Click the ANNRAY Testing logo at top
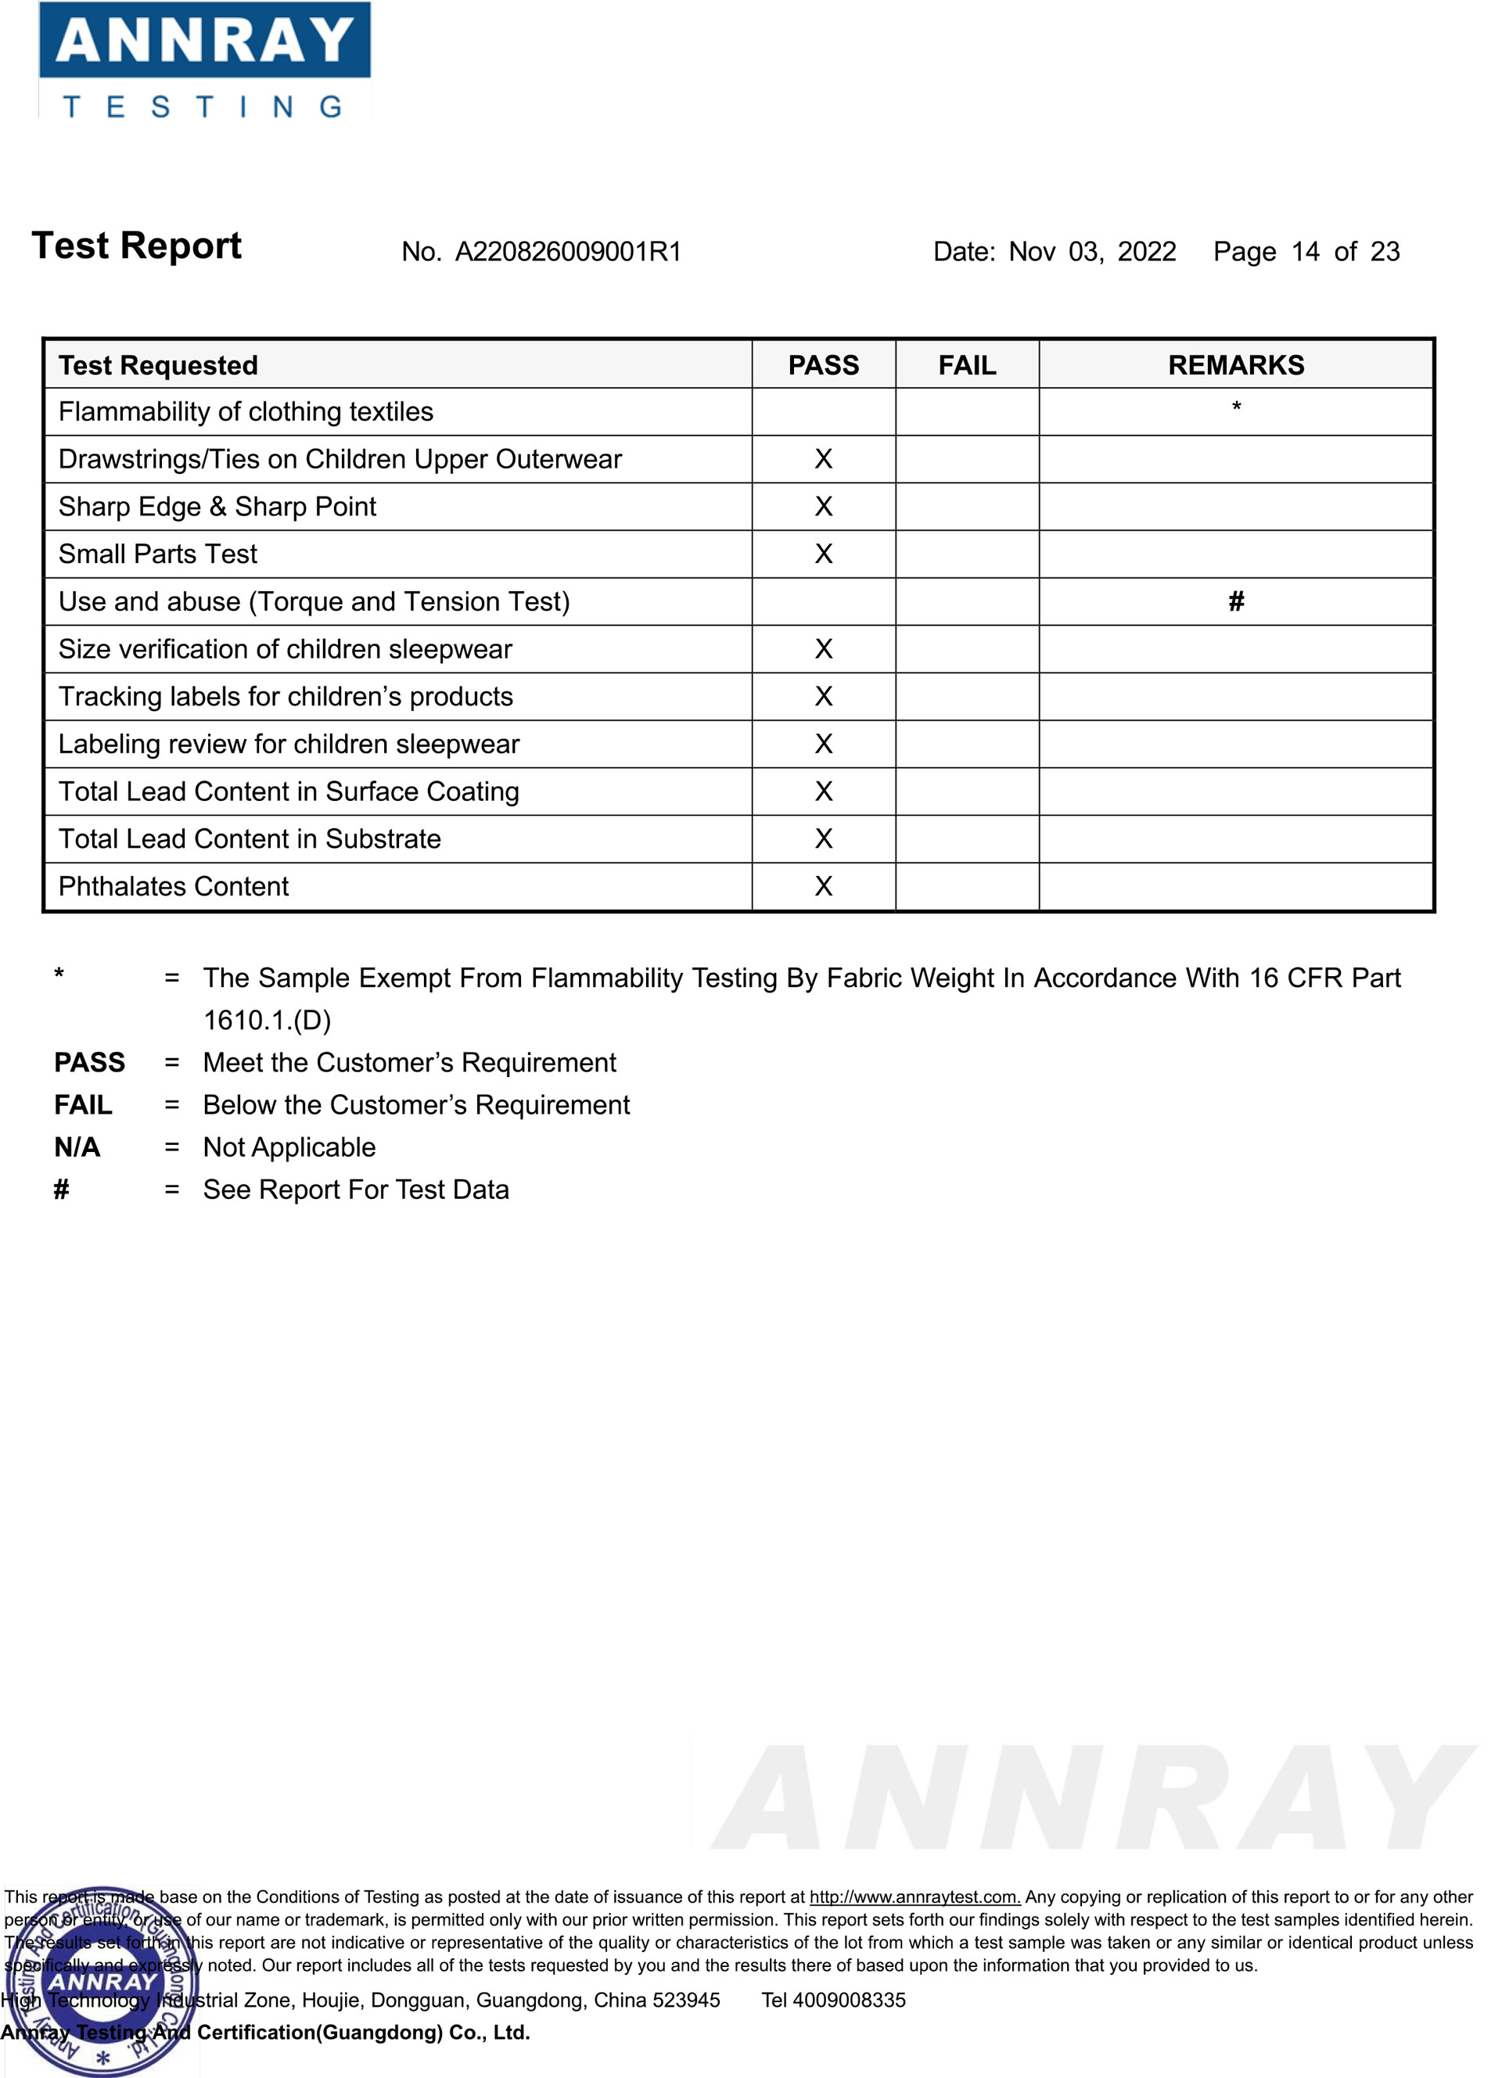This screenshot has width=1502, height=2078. (204, 60)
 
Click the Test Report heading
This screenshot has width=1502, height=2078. (137, 246)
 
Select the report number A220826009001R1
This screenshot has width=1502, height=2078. (568, 252)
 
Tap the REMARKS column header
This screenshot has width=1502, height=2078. (1235, 365)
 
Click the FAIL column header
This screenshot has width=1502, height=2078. (967, 365)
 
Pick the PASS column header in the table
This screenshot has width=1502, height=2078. (823, 365)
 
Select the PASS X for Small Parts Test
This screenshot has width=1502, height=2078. (823, 554)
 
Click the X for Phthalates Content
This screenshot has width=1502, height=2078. (823, 887)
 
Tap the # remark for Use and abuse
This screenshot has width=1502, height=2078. (1235, 602)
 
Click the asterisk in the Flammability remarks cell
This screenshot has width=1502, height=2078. (1235, 407)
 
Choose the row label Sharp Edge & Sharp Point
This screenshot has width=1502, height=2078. (217, 507)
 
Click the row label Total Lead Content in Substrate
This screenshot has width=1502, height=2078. (250, 839)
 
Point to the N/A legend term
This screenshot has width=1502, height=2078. (77, 1147)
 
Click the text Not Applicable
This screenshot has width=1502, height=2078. (289, 1147)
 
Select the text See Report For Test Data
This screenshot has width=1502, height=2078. (356, 1190)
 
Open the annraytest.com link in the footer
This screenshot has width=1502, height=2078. (914, 1897)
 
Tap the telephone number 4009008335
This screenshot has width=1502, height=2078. (849, 2000)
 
